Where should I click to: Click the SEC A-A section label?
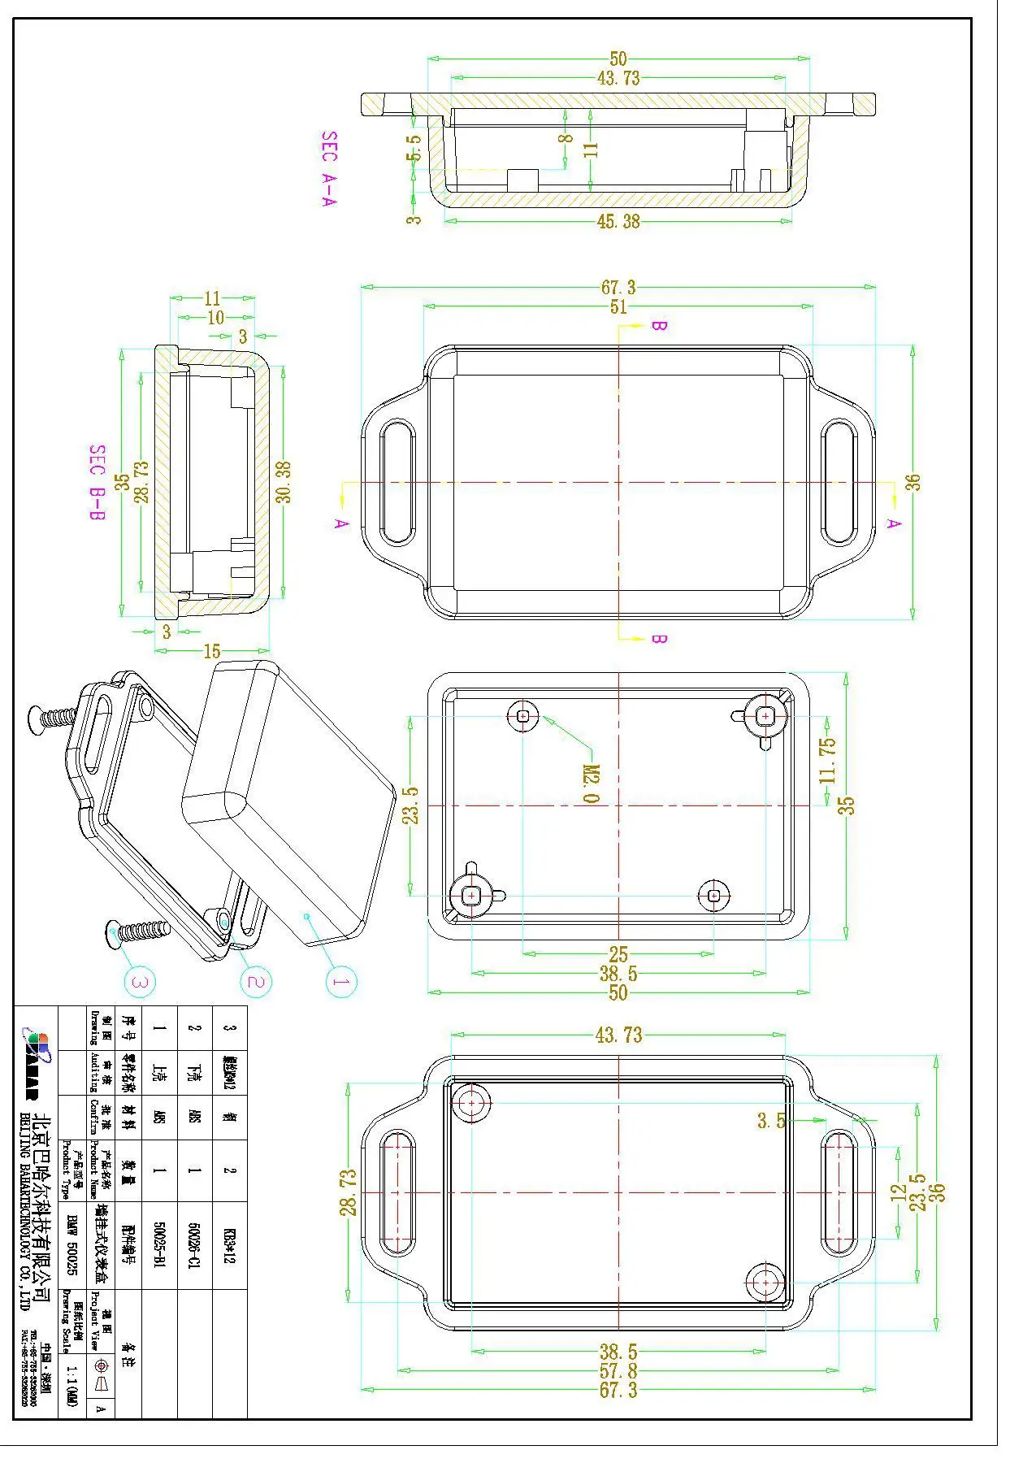coord(329,169)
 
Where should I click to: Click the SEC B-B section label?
coord(98,483)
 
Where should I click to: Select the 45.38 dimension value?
coord(618,222)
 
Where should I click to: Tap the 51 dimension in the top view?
coord(618,307)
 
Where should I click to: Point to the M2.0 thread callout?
coord(592,784)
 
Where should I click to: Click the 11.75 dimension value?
coord(827,760)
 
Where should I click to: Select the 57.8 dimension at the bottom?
coord(618,1371)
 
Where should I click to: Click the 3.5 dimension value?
coord(771,1121)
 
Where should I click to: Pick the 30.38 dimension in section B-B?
coord(284,482)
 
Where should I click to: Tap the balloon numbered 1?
coord(341,982)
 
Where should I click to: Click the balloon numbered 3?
coord(140,982)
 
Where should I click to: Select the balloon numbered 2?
coord(255,982)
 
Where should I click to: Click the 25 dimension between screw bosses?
coord(618,954)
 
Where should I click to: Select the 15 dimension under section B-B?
coord(212,651)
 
